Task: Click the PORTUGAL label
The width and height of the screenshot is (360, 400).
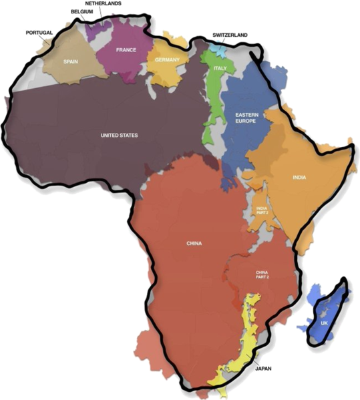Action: [39, 32]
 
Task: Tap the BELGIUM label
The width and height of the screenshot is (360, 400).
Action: [82, 11]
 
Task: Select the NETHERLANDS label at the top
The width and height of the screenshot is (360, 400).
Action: [103, 3]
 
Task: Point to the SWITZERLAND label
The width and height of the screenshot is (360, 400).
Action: [230, 34]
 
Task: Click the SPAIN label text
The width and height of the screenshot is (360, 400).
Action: [70, 61]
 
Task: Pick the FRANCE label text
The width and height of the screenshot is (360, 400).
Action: [126, 50]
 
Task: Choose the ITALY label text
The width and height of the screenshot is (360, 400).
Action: [220, 69]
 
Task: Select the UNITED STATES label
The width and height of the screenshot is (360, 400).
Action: [119, 136]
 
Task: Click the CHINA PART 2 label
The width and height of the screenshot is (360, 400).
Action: [262, 276]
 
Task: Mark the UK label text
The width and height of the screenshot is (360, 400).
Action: [325, 323]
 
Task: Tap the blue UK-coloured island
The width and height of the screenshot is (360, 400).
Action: [329, 307]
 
